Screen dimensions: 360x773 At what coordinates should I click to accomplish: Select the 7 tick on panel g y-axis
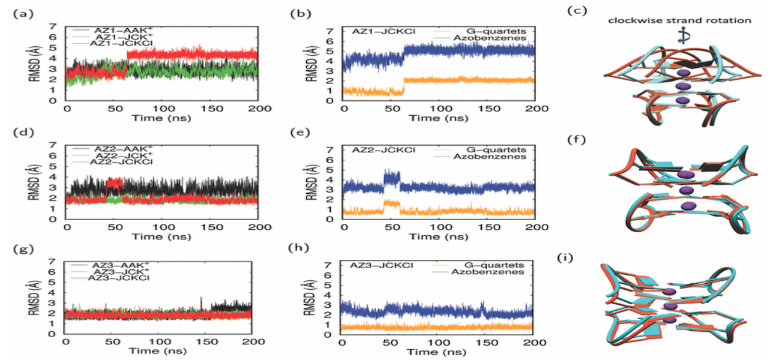(x=54, y=262)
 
